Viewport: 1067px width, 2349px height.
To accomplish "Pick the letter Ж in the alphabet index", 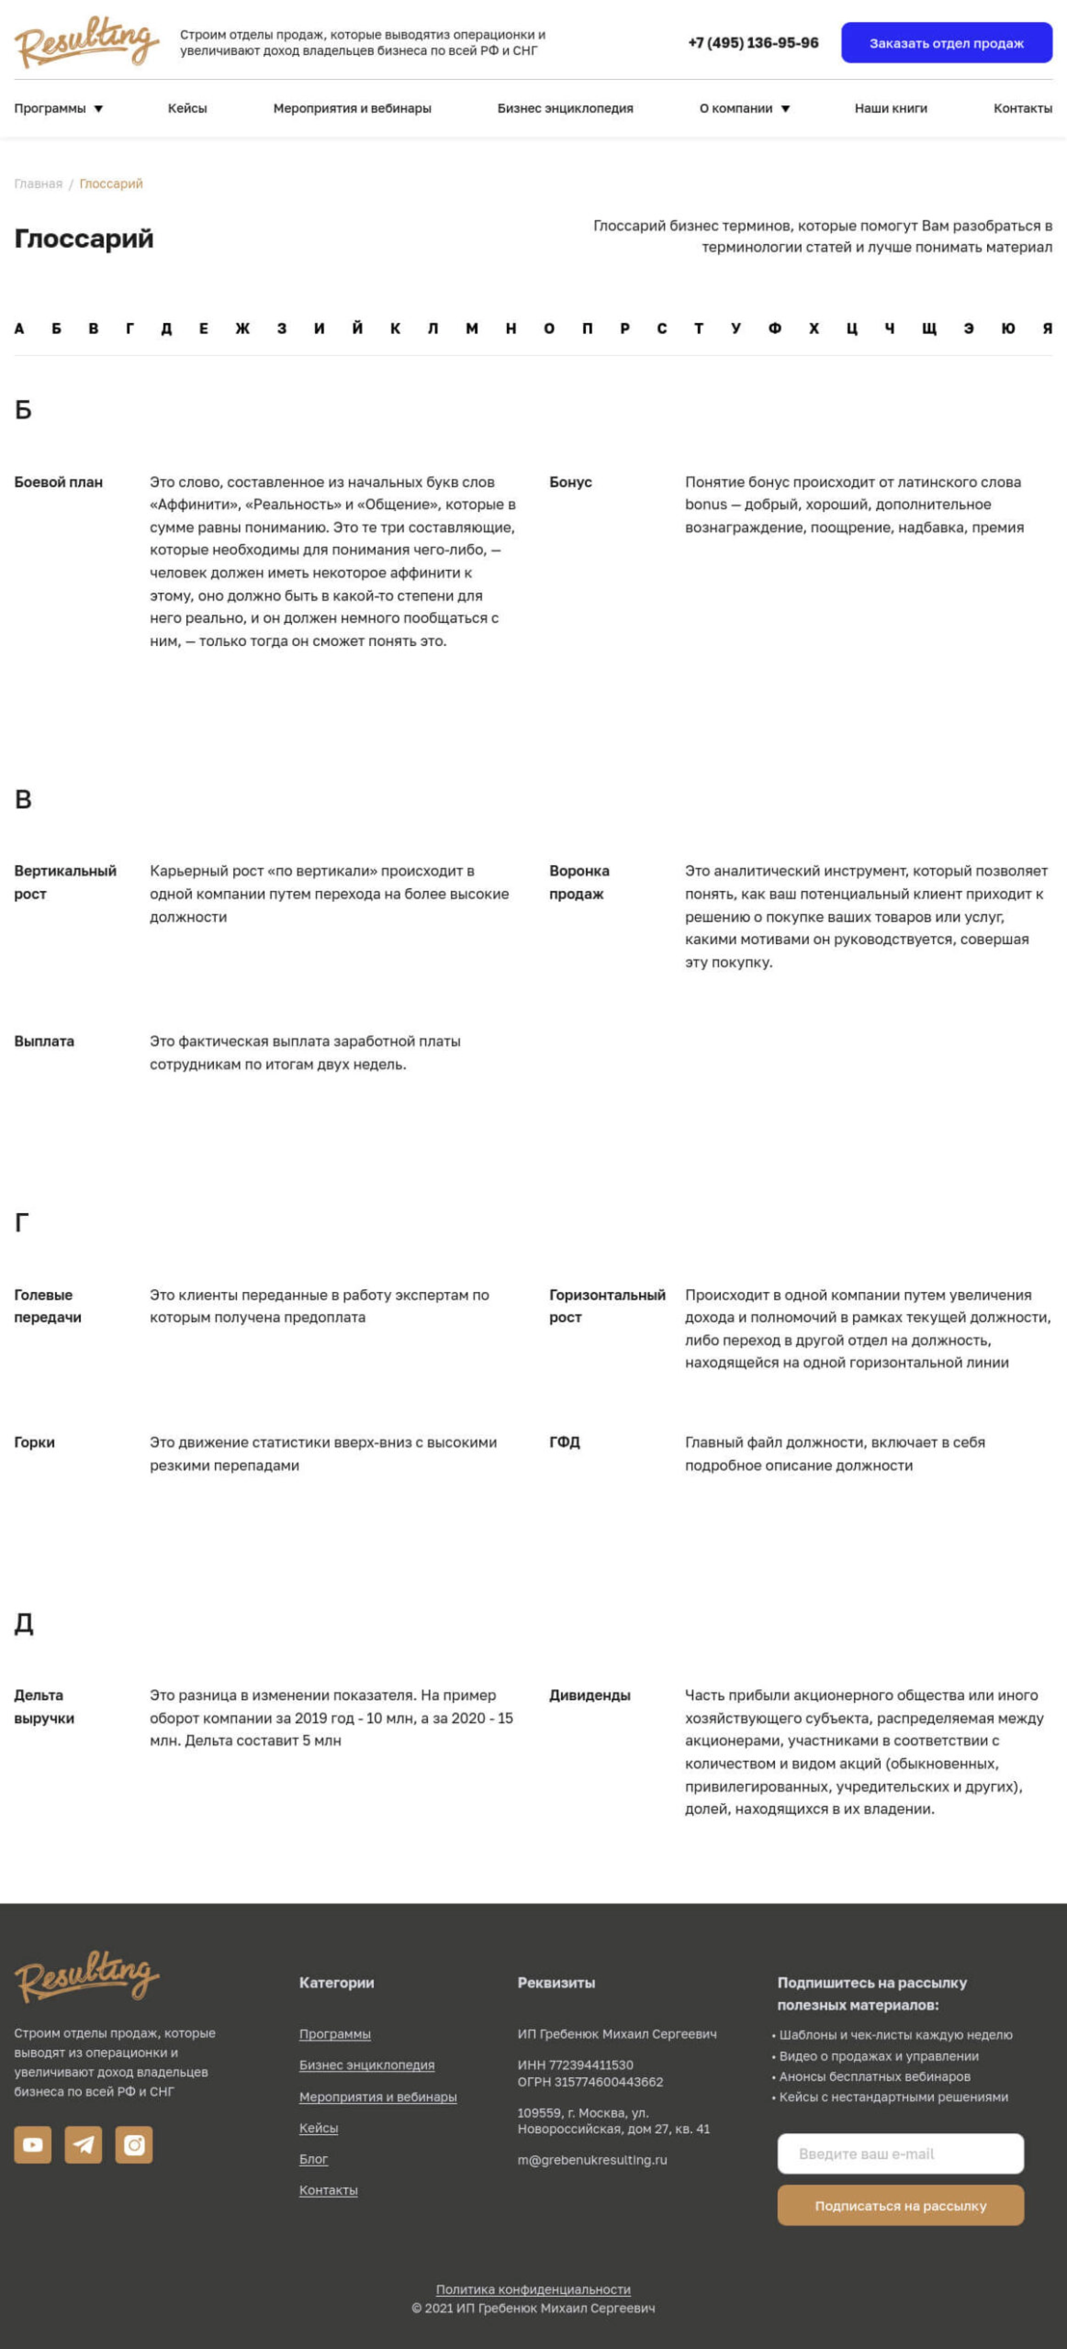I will [x=242, y=328].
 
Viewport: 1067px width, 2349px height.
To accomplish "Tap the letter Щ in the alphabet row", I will [x=928, y=328].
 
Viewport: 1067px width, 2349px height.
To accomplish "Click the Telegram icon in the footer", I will [x=83, y=2145].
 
